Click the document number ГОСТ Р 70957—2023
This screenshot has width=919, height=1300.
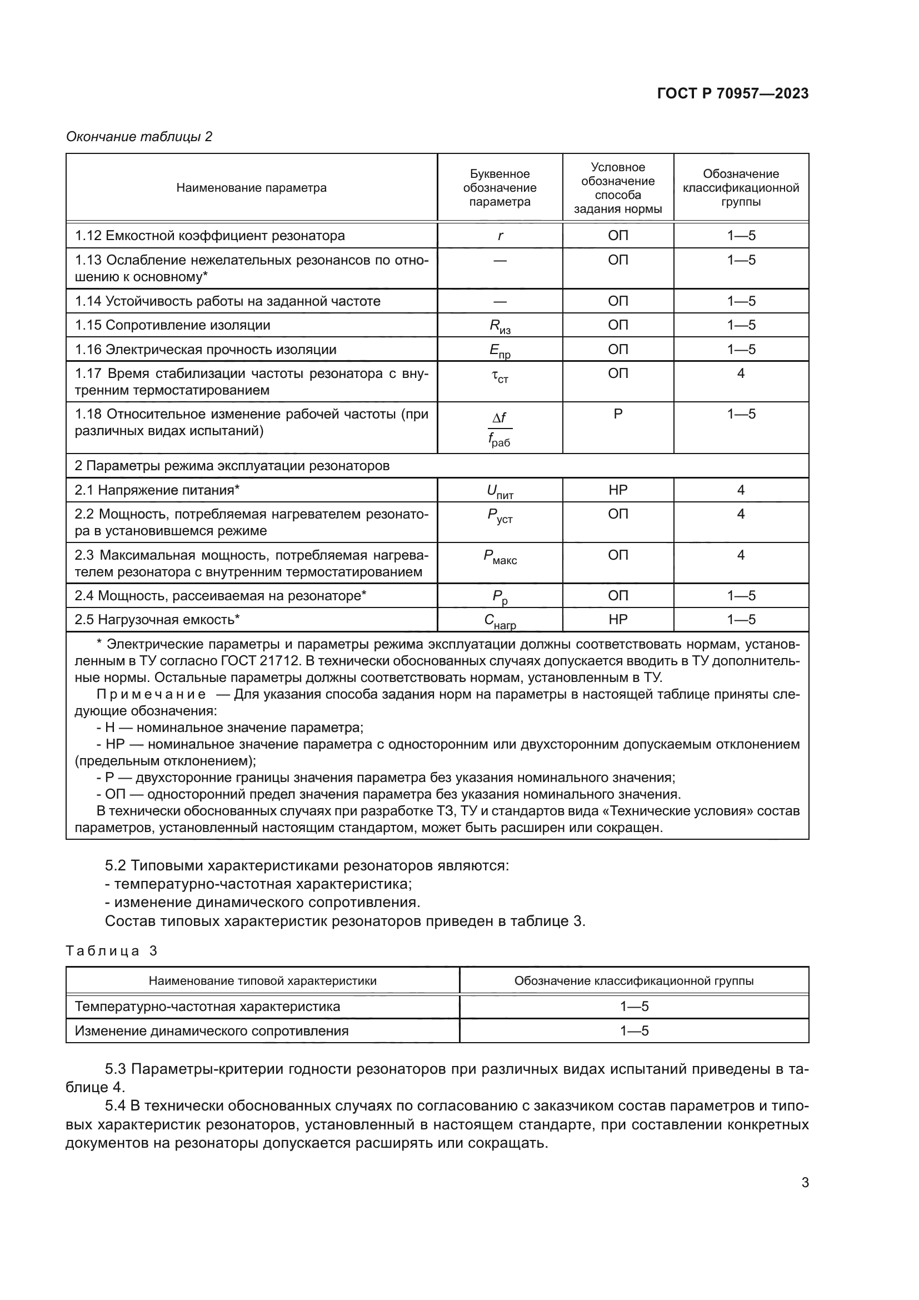(x=732, y=94)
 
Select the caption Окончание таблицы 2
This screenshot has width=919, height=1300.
(x=139, y=137)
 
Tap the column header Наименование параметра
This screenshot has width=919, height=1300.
(x=251, y=188)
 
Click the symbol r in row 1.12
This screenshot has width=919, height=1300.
(x=500, y=236)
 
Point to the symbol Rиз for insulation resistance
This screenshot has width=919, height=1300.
(x=500, y=327)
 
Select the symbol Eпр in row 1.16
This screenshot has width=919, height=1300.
(x=500, y=351)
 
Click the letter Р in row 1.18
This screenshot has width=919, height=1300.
(x=618, y=414)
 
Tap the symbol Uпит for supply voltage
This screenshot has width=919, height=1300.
(x=500, y=491)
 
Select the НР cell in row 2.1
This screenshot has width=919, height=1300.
(x=618, y=490)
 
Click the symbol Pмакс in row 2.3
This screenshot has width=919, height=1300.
(x=500, y=556)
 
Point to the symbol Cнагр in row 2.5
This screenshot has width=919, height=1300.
(x=500, y=621)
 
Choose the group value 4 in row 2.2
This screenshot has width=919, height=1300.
(x=741, y=514)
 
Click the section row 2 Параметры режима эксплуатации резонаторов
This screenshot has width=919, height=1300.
(x=232, y=466)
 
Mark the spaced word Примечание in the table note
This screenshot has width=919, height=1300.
(x=151, y=695)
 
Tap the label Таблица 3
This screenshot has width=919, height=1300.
(x=112, y=950)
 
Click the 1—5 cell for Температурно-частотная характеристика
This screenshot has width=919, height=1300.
(x=634, y=1006)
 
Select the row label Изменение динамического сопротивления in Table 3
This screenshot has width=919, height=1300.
(x=212, y=1030)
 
